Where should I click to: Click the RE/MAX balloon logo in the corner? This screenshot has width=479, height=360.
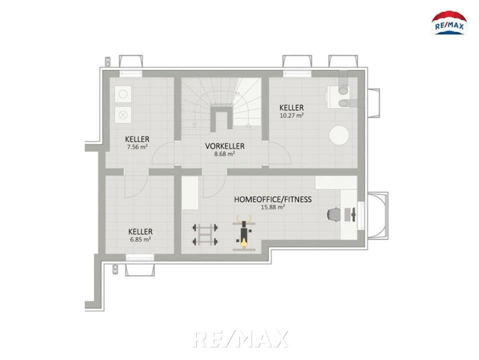449,23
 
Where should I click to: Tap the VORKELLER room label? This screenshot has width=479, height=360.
225,146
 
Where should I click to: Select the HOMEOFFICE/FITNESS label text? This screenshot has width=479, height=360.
273,199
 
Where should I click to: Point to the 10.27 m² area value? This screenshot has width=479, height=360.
292,116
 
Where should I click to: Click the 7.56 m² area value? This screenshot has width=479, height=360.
137,147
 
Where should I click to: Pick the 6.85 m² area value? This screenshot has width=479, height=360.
141,239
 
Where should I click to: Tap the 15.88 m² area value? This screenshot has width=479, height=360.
273,207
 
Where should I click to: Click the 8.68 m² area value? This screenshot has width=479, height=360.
225,154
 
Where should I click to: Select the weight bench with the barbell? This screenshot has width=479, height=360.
244,233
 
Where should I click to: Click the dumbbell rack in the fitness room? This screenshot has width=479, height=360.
205,235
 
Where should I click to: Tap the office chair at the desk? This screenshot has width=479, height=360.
333,214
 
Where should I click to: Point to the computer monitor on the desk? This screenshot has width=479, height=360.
353,214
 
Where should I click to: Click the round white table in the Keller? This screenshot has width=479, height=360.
338,136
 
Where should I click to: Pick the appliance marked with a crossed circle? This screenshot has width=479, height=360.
123,115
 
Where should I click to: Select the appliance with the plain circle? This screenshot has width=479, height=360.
123,94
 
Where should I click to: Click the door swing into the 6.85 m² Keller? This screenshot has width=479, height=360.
136,186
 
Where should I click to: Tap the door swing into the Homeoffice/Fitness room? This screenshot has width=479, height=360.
214,186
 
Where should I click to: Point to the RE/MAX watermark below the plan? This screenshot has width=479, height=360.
240,339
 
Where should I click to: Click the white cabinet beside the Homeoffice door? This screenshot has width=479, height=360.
190,193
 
